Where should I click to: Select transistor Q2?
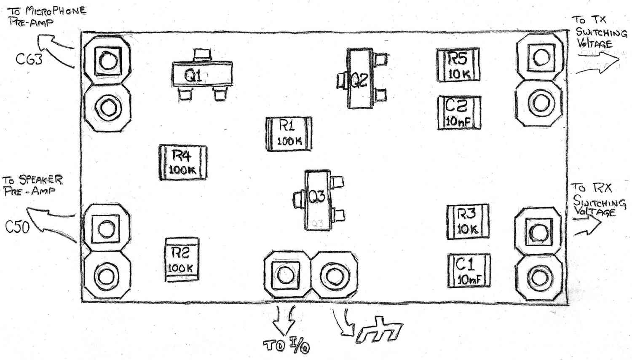click(x=360, y=79)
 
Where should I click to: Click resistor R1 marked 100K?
click(x=289, y=134)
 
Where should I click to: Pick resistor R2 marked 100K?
click(x=182, y=259)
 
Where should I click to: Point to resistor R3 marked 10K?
click(x=467, y=221)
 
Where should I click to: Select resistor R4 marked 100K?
click(x=183, y=162)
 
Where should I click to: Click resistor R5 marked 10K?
click(x=458, y=65)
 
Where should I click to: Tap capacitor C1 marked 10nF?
click(x=469, y=271)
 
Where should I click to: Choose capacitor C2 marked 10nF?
click(x=458, y=112)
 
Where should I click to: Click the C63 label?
click(x=29, y=59)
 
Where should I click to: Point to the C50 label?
click(x=17, y=227)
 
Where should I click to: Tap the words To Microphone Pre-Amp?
click(x=47, y=16)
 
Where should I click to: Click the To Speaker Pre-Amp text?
click(x=32, y=185)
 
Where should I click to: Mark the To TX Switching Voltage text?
click(x=598, y=32)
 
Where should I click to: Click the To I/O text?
click(x=287, y=346)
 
